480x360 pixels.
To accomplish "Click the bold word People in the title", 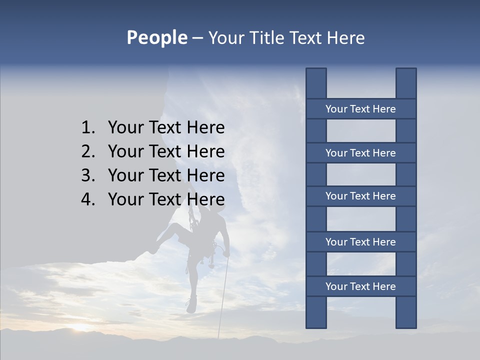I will coord(156,38).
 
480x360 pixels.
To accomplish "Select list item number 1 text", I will coord(166,128).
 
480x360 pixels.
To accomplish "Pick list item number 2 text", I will coord(166,151).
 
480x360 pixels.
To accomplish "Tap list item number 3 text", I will coord(166,175).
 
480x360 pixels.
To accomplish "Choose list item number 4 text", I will coord(166,199).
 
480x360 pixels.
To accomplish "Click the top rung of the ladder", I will coord(360,109).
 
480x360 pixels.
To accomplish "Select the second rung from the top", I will coord(360,153).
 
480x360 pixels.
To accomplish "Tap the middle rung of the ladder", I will coord(360,196).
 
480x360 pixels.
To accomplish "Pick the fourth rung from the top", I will coord(360,242).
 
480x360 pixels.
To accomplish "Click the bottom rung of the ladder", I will coord(360,286).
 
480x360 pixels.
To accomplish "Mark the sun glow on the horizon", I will coord(80,327).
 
